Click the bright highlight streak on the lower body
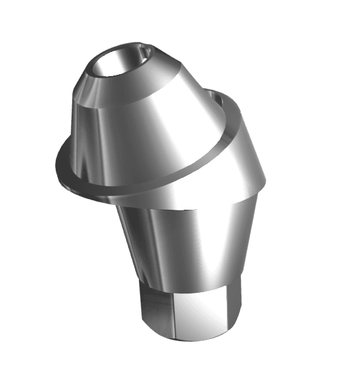[x=203, y=234]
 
